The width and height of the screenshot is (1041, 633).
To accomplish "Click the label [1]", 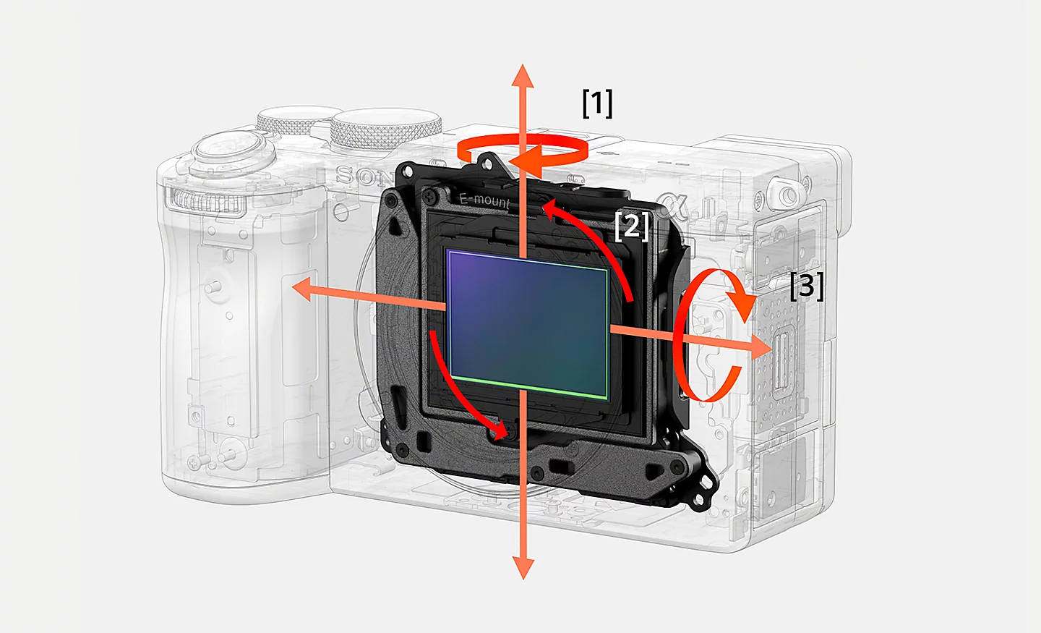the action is (597, 103).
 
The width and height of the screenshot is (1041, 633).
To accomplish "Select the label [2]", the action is (631, 226).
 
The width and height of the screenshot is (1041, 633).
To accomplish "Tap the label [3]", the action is (806, 286).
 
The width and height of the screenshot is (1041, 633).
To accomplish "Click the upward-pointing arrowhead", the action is (523, 75).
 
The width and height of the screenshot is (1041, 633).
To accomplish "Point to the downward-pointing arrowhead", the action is (523, 567).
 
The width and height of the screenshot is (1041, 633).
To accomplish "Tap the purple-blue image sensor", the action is (528, 322).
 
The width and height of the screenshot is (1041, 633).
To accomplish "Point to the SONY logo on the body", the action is (365, 176).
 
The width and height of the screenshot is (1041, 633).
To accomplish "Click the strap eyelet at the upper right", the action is (784, 193).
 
